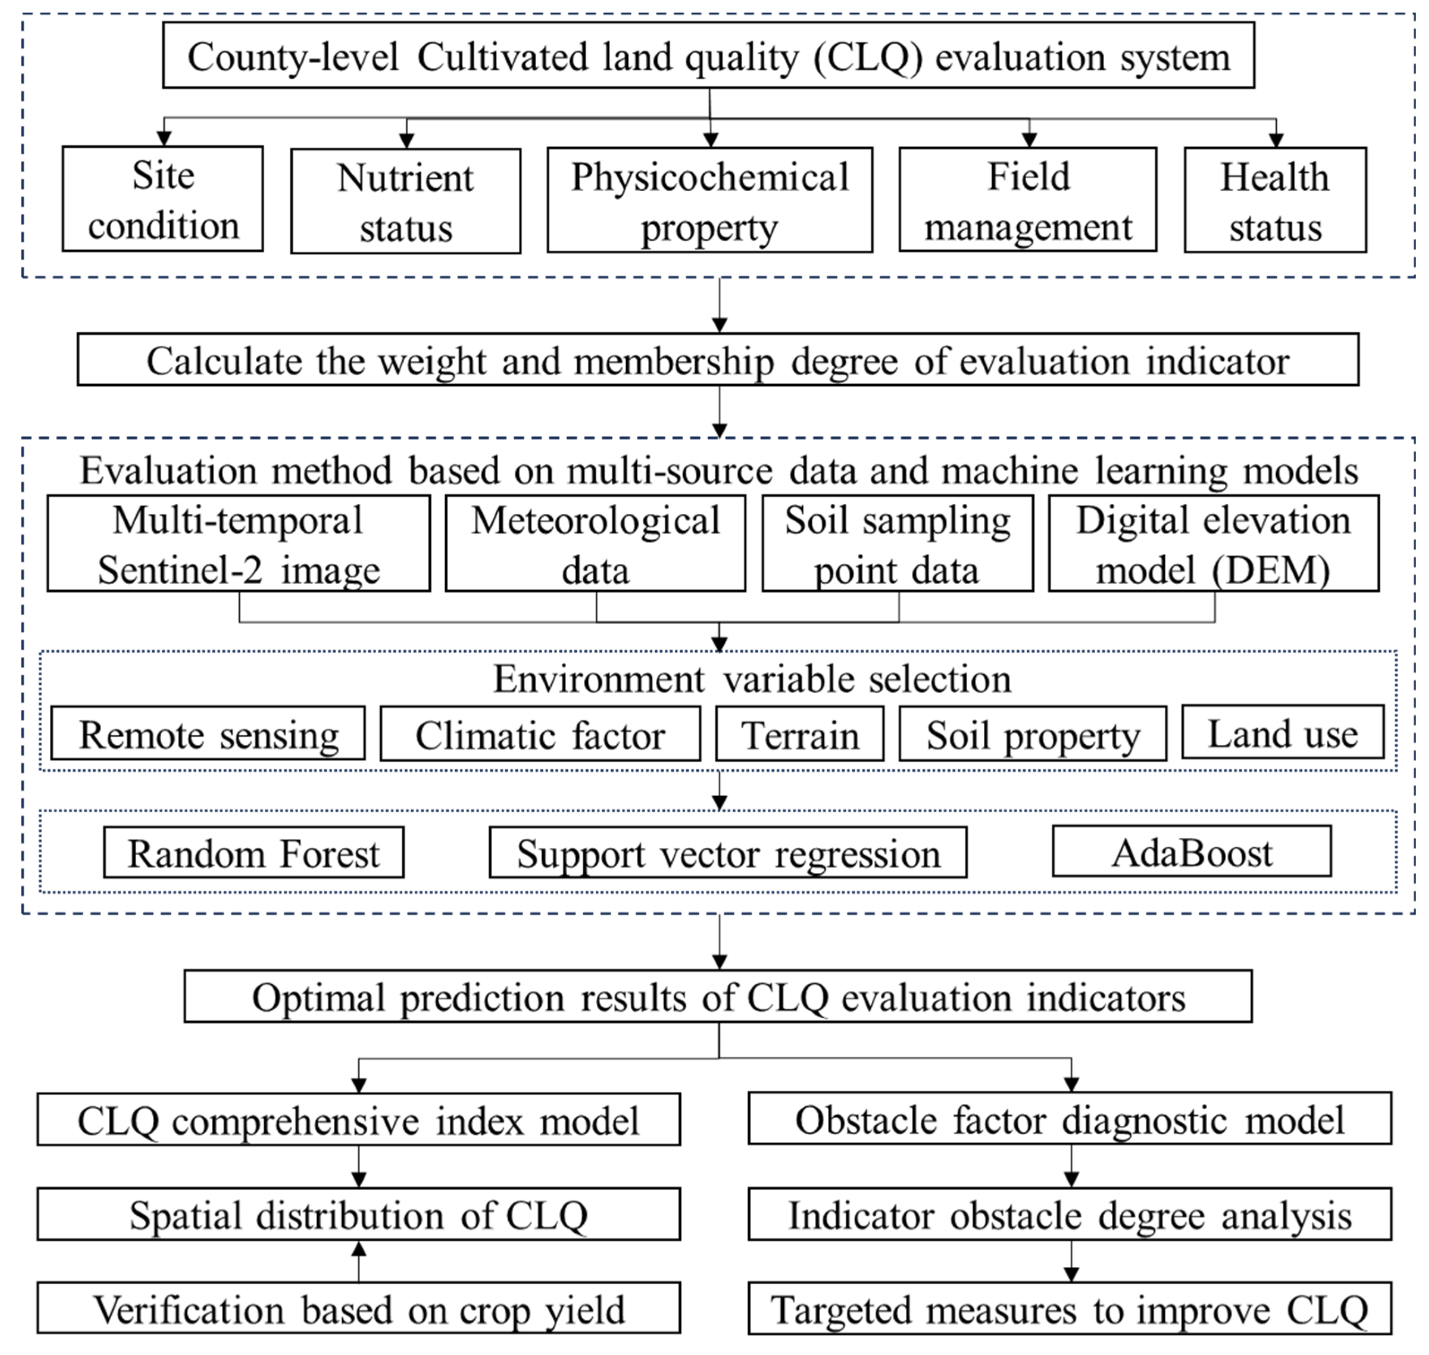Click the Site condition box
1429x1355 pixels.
point(163,199)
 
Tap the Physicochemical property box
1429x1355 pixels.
point(710,201)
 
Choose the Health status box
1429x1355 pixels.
point(1274,201)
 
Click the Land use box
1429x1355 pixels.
point(1283,733)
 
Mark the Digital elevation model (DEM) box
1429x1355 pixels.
point(1213,544)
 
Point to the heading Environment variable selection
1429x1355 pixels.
point(751,679)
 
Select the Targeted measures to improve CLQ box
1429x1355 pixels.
point(1069,1309)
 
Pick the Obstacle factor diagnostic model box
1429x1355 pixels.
point(1069,1119)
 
